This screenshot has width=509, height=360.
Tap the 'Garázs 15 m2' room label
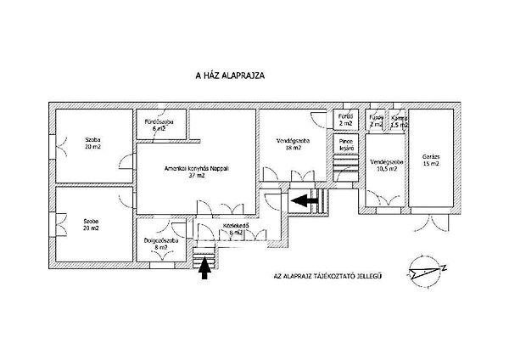click(431, 160)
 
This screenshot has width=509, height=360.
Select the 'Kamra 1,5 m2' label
click(400, 121)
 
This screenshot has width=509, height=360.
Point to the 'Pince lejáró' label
click(346, 144)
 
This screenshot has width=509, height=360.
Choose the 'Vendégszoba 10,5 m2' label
click(387, 164)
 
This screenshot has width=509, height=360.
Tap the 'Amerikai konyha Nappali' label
click(197, 168)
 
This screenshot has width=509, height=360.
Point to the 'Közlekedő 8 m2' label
click(231, 230)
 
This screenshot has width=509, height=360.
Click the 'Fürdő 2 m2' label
click(345, 120)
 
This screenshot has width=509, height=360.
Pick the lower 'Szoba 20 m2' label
click(92, 225)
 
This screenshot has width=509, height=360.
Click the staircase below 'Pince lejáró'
click(346, 166)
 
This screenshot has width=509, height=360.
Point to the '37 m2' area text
click(198, 176)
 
